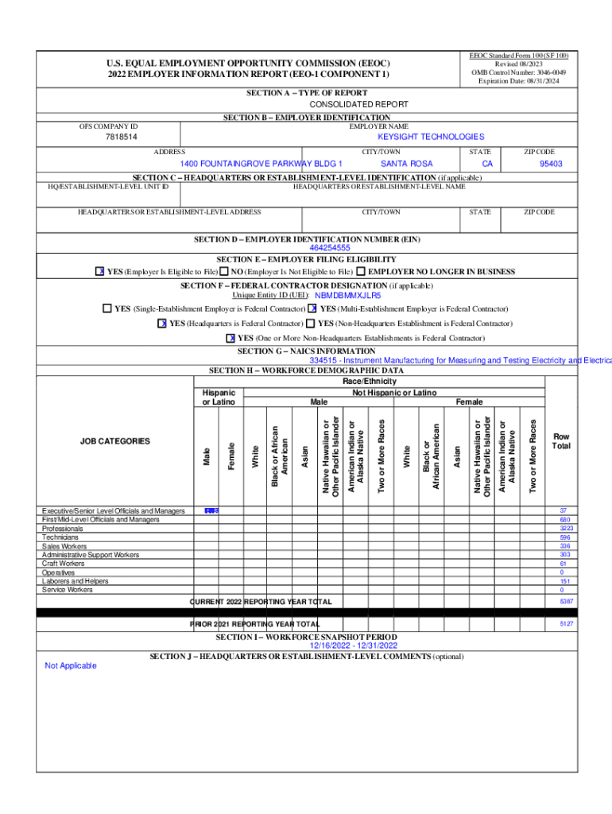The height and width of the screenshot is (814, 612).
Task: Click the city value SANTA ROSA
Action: click(406, 164)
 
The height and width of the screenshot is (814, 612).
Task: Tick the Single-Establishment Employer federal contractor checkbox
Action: click(107, 308)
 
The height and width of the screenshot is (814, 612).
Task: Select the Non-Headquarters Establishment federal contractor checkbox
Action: click(311, 324)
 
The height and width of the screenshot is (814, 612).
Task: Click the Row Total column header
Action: click(562, 441)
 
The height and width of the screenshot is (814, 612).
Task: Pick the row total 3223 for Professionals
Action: click(563, 528)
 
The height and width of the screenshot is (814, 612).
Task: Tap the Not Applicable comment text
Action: click(70, 665)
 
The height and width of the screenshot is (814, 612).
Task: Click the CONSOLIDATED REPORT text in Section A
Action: click(358, 104)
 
